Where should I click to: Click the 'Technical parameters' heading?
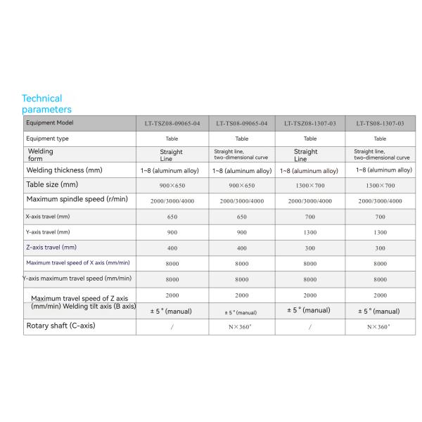click(x=46, y=104)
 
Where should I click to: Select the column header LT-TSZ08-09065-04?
click(x=172, y=123)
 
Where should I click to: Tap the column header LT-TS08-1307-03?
click(x=380, y=123)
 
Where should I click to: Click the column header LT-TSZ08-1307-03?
click(x=310, y=123)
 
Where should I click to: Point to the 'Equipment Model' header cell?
click(x=50, y=123)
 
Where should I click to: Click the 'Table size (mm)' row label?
click(x=52, y=185)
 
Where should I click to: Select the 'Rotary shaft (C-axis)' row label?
click(x=60, y=326)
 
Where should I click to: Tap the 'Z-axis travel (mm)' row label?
click(x=51, y=248)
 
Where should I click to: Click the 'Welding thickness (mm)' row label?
click(x=65, y=170)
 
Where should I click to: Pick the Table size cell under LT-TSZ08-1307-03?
click(x=310, y=186)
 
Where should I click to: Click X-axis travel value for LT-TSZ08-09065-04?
click(x=172, y=217)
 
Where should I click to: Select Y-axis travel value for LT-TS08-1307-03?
click(x=380, y=232)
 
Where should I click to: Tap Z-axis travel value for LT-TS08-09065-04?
click(x=241, y=248)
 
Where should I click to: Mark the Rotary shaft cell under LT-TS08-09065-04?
click(x=241, y=326)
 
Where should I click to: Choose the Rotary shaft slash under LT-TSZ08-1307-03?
click(x=310, y=326)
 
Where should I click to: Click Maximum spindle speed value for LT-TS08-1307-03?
click(x=380, y=201)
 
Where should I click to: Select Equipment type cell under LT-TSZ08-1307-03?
click(x=310, y=139)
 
